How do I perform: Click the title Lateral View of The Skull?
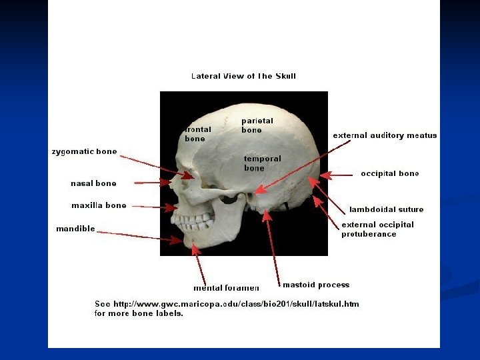(243, 76)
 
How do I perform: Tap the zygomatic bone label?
(84, 152)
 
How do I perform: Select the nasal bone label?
(93, 183)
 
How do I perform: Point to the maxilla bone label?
(99, 205)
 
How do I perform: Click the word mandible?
(75, 229)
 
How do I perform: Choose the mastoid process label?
(315, 285)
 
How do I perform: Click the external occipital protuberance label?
(377, 229)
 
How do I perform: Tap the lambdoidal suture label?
(386, 209)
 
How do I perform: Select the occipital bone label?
(390, 174)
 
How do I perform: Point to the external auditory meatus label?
(385, 135)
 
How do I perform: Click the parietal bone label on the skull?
(257, 125)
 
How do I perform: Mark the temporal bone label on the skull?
(262, 163)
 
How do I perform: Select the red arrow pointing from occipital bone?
(337, 175)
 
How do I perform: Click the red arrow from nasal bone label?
(151, 182)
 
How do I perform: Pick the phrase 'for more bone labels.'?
(139, 313)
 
